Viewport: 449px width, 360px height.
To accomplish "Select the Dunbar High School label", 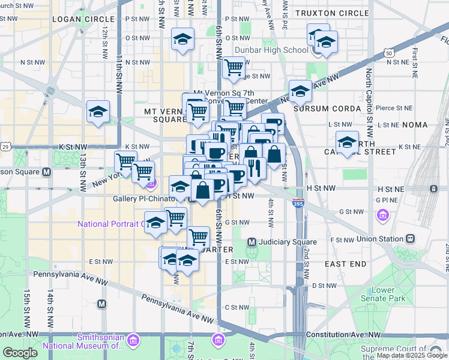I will pyautogui.click(x=271, y=50).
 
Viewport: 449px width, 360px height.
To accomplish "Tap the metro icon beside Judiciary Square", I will pyautogui.click(x=252, y=242).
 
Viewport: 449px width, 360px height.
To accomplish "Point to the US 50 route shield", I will pyautogui.click(x=390, y=53).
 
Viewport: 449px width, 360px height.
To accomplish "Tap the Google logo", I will pyautogui.click(x=20, y=352).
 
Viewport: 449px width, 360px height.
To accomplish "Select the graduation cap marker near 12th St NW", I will pyautogui.click(x=98, y=112).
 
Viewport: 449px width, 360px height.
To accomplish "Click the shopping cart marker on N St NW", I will pyautogui.click(x=234, y=67).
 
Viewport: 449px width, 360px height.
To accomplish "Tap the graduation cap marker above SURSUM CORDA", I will pyautogui.click(x=300, y=91).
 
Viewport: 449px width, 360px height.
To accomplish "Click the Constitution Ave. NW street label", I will pyautogui.click(x=343, y=334).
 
